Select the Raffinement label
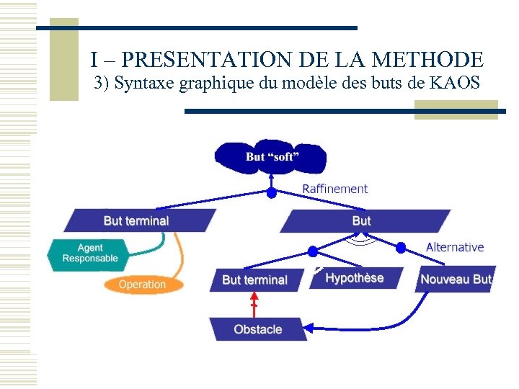(334, 189)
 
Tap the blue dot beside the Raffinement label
(272, 193)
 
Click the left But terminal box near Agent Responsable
(137, 220)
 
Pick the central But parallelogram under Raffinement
(362, 220)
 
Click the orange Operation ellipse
(142, 285)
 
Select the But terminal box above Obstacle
(254, 280)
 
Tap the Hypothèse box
(354, 278)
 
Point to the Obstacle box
(257, 329)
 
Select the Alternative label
(455, 247)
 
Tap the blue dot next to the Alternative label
(401, 247)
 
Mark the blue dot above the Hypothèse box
(312, 251)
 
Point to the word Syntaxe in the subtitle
(144, 83)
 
